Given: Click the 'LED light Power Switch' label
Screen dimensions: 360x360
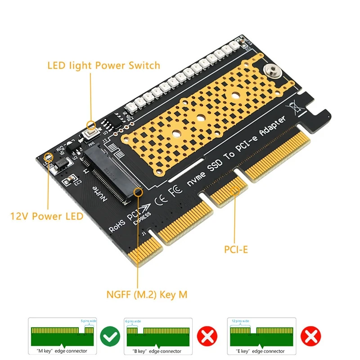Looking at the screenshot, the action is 103,66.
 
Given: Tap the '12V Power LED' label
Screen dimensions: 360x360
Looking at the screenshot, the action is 47,216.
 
